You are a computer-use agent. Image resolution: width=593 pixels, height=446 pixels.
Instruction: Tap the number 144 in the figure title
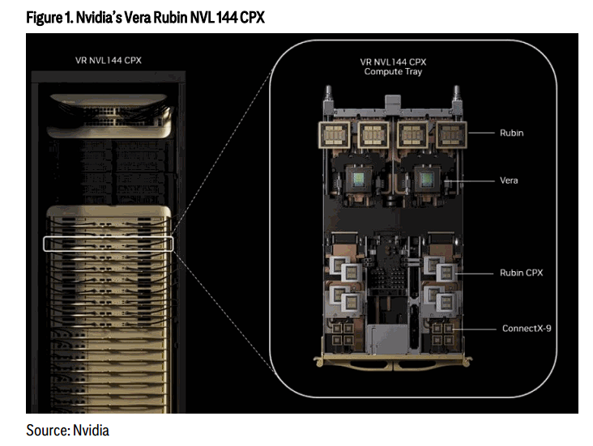227,17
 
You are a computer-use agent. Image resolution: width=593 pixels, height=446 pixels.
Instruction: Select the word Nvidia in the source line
91,431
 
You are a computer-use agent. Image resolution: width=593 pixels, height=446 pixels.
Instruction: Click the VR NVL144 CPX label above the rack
109,61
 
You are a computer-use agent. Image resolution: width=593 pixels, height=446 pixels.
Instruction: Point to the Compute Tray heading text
393,72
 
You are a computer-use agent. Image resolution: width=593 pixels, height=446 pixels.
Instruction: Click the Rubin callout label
511,133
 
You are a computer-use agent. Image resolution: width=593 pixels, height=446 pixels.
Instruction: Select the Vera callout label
509,181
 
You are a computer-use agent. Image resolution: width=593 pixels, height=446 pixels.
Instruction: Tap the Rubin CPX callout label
521,273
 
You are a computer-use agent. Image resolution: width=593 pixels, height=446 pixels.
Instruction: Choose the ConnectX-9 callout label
527,329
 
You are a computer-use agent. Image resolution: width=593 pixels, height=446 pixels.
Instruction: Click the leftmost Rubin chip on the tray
335,134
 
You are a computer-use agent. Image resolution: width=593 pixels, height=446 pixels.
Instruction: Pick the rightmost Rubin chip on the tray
451,134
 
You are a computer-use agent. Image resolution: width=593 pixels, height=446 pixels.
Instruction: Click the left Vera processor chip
359,180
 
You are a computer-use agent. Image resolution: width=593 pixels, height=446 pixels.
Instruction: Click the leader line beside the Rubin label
481,133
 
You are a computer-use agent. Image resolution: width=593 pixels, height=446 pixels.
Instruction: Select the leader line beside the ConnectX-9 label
474,329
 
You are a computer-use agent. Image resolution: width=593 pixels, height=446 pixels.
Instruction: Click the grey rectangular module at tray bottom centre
387,339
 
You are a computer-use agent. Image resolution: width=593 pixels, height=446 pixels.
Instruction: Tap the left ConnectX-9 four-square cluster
343,333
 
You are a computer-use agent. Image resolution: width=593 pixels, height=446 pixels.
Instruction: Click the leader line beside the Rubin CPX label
475,274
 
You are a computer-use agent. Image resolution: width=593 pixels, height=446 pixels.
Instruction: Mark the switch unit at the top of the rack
109,116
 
